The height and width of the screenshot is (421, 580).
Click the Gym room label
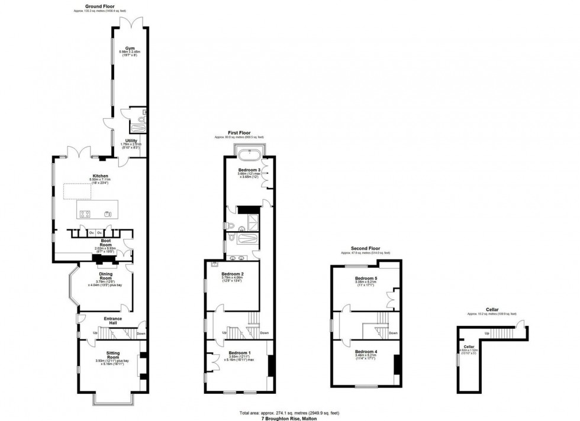click(x=129, y=48)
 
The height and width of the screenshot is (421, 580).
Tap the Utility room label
click(x=131, y=141)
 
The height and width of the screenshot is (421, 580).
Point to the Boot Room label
click(x=107, y=241)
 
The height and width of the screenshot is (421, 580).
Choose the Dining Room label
click(x=105, y=274)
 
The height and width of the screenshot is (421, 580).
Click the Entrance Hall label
click(x=112, y=319)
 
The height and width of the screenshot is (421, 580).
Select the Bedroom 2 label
click(x=233, y=274)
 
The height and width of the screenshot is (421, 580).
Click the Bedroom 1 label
click(x=240, y=353)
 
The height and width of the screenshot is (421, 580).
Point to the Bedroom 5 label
click(x=366, y=278)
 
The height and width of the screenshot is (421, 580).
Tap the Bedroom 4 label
click(x=366, y=351)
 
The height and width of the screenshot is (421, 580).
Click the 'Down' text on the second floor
click(x=394, y=333)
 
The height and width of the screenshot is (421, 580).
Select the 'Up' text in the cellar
click(x=486, y=333)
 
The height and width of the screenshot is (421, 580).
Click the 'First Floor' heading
click(x=239, y=133)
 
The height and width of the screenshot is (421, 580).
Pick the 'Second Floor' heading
click(x=365, y=248)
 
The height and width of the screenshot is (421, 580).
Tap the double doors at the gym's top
click(x=130, y=22)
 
